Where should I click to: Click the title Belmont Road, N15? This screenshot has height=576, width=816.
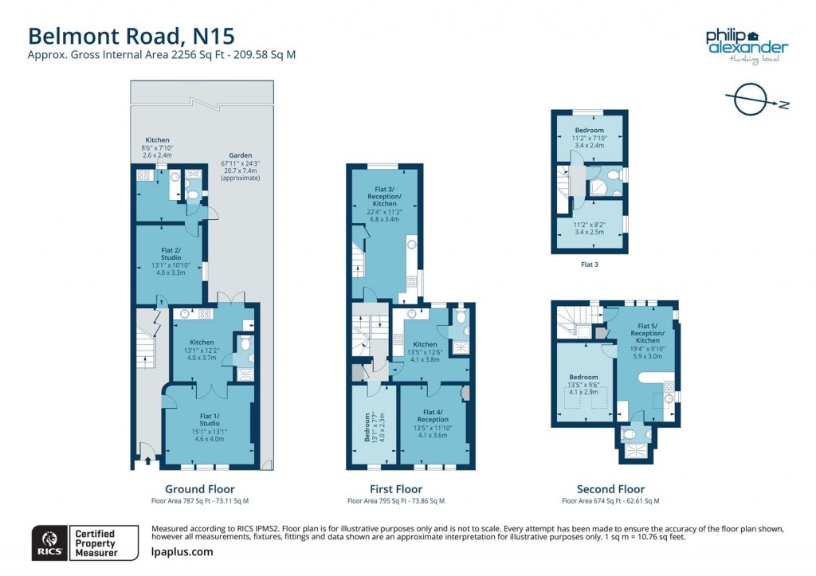131,36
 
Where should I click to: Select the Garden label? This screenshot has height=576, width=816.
240,156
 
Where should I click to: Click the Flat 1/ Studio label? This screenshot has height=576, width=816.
210,418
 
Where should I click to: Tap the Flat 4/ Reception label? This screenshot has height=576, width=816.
433,415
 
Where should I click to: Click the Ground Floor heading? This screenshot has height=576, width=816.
199,489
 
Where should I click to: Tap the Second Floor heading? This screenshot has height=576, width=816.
610,489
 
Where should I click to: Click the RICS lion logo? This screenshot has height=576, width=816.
46,543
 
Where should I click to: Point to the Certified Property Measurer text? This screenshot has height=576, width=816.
95,543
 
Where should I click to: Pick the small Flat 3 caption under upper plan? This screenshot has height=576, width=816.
589,264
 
